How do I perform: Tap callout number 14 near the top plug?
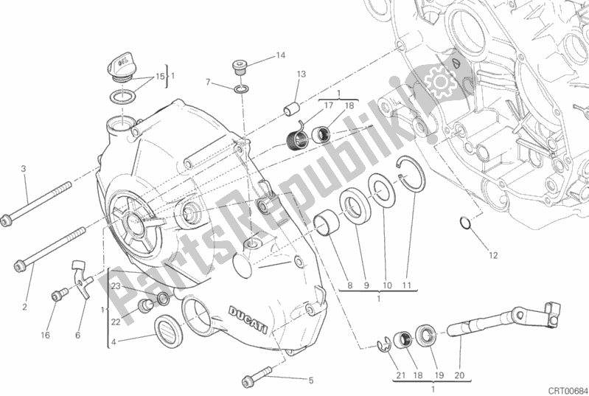point(280,55)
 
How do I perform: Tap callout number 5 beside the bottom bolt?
point(310,381)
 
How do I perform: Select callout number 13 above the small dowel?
point(302,74)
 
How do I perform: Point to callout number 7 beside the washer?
point(209,81)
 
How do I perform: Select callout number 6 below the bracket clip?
point(77,335)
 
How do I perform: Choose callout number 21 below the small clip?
point(401,376)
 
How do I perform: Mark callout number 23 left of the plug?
point(115,286)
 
